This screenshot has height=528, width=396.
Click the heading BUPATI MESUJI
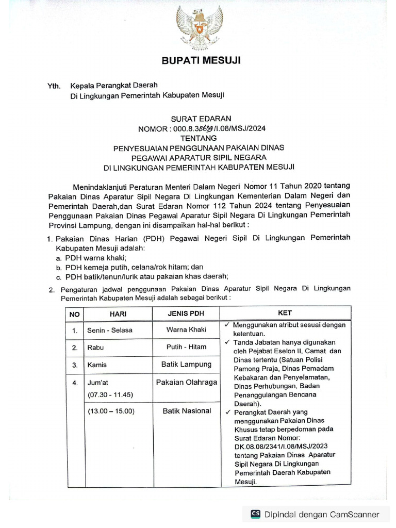[x=198, y=61]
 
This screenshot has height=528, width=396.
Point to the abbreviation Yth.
[x=54, y=85]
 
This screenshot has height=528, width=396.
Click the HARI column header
[x=118, y=313]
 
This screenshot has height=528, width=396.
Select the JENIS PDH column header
[x=186, y=313]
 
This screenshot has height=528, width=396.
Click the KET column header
[x=285, y=313]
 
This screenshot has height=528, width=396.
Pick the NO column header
[x=75, y=313]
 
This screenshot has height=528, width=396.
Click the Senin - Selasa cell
[x=110, y=330]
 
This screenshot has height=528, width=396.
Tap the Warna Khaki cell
[x=186, y=329]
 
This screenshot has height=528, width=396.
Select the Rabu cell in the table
[x=96, y=348]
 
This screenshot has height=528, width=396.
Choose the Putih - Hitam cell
[x=186, y=348]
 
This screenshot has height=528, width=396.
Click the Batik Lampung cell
[x=186, y=365]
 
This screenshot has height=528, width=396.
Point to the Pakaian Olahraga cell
[x=186, y=382]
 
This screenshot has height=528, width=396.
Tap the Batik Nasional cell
[x=186, y=411]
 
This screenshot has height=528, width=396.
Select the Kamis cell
[x=97, y=365]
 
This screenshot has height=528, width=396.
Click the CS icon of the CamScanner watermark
[x=255, y=514]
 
